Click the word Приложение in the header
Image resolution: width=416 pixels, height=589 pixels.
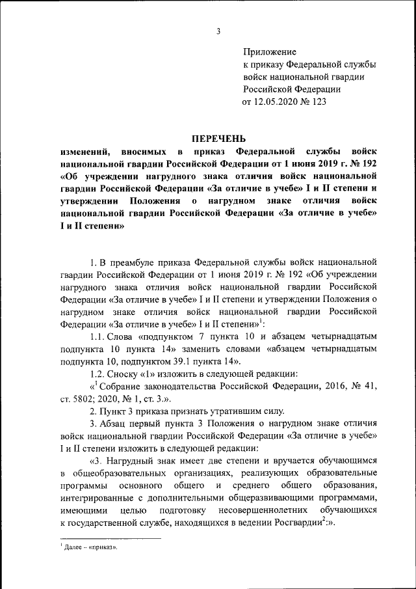coord(269,51)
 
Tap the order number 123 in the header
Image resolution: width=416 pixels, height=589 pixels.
coord(318,102)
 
